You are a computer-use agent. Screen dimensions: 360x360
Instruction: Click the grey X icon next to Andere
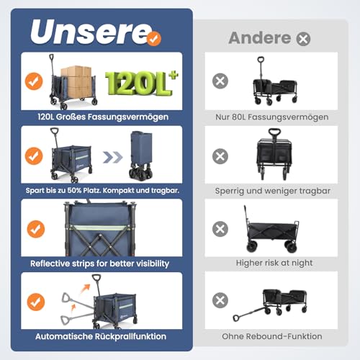pyautogui.click(x=303, y=39)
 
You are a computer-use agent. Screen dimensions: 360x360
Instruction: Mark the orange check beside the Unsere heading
pyautogui.click(x=153, y=39)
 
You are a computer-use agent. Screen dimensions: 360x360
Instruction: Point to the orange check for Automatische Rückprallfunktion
pyautogui.click(x=33, y=302)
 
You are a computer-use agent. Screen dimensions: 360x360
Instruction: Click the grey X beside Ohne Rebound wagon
pyautogui.click(x=220, y=300)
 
